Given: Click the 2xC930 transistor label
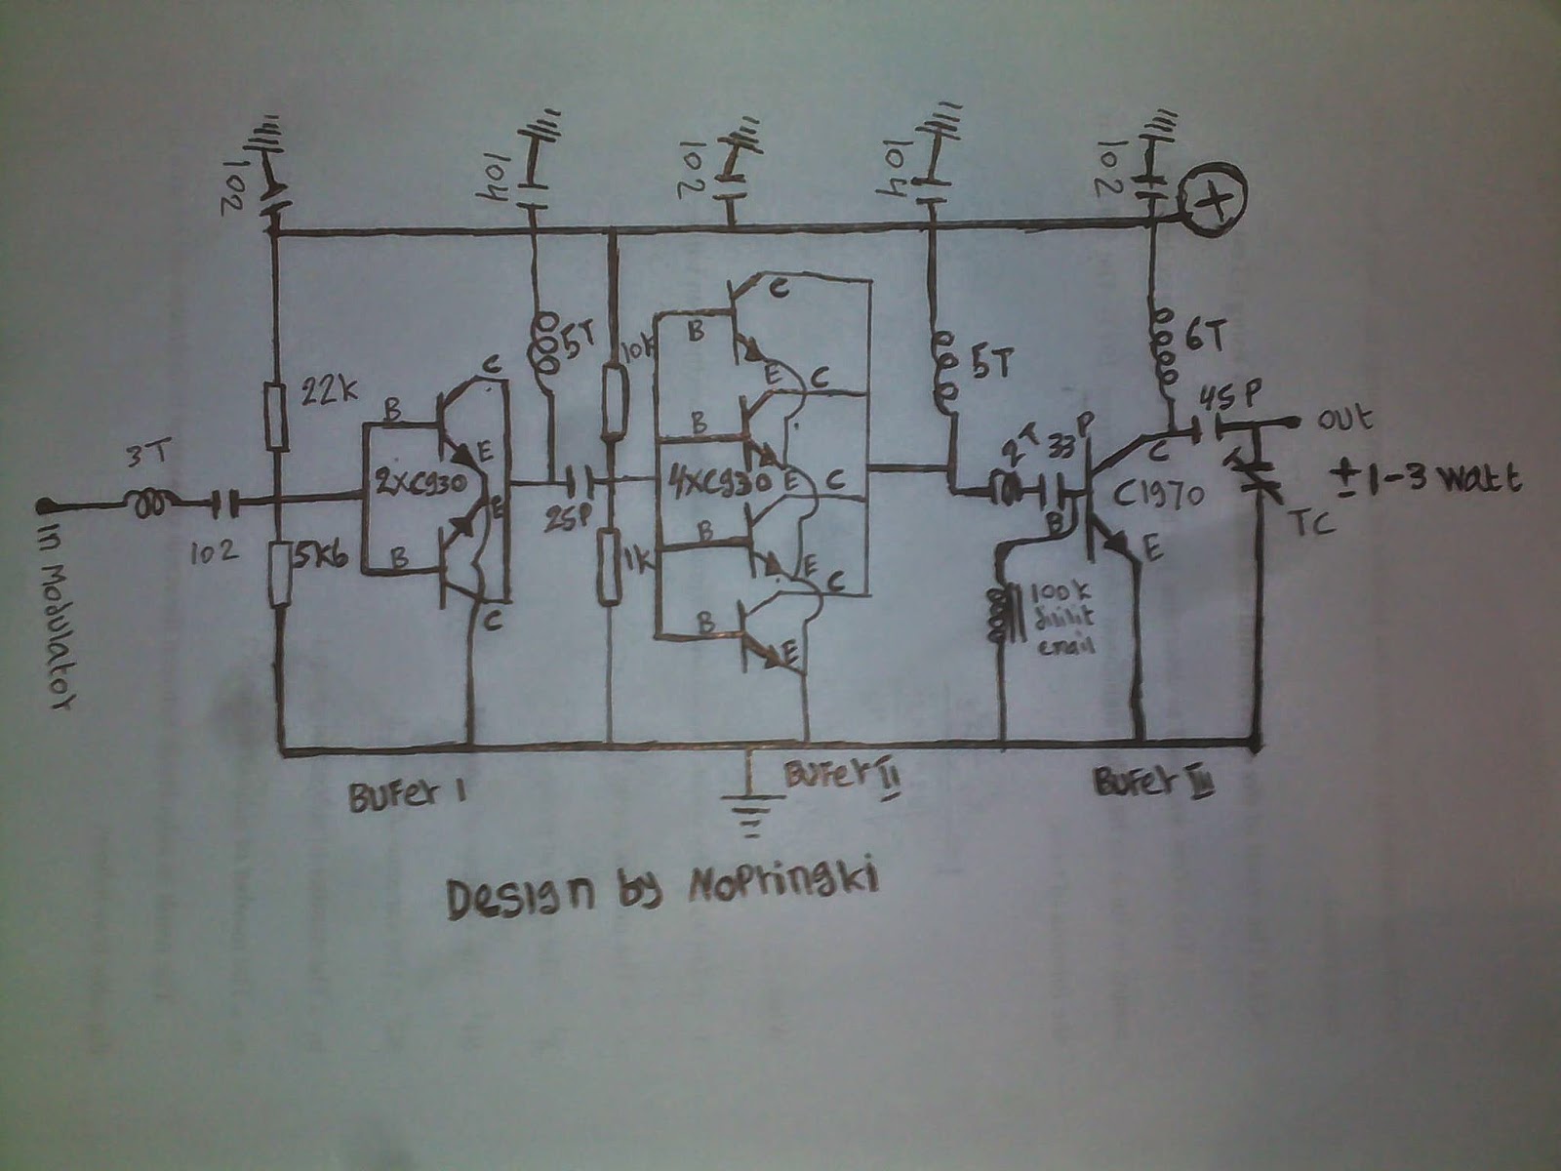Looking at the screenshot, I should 422,483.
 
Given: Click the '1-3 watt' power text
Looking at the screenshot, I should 1425,481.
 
